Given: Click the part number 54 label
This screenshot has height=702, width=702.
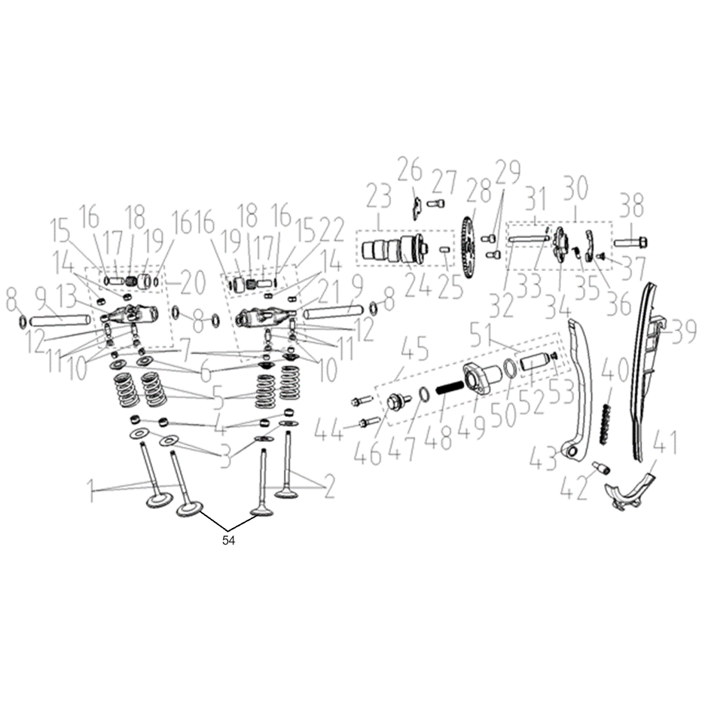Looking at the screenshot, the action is pos(228,541).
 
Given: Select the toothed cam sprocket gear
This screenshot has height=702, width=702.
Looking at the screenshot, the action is pos(468,249).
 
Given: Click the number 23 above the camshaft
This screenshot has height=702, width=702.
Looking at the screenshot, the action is pos(379,197).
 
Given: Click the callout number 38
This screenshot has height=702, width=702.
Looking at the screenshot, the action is pos(632,206).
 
